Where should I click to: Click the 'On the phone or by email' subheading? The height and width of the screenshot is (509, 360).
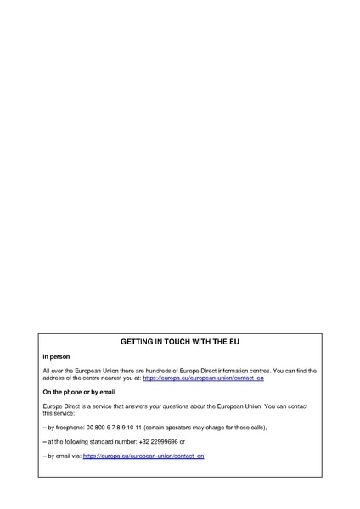[x=79, y=392]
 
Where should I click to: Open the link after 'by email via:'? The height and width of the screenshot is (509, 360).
[x=143, y=456]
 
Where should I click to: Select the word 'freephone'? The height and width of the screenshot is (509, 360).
[x=69, y=428]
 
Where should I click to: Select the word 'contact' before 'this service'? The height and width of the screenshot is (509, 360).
[x=297, y=406]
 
